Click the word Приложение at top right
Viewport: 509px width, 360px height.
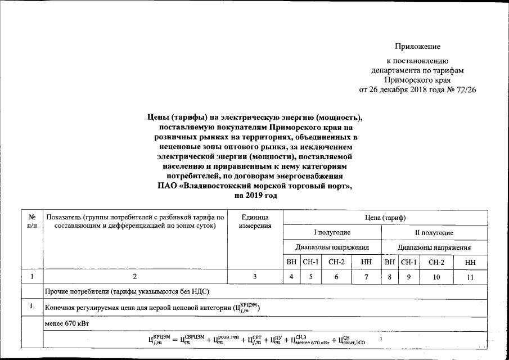click(x=417, y=46)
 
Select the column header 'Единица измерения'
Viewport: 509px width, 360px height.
click(x=255, y=221)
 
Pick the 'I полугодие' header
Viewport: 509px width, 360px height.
click(x=332, y=232)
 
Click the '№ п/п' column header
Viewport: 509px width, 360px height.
click(x=32, y=221)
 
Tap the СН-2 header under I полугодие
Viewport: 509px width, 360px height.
click(x=336, y=262)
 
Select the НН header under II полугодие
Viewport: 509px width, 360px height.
click(x=470, y=262)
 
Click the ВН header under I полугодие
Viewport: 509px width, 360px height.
click(x=291, y=262)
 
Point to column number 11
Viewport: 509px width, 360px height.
click(x=470, y=277)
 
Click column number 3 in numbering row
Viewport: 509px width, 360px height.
click(x=255, y=277)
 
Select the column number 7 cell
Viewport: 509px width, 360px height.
click(x=366, y=277)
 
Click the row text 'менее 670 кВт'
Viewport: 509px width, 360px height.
click(x=67, y=325)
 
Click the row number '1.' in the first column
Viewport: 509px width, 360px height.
click(x=33, y=307)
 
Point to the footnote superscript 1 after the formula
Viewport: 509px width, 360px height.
click(x=381, y=338)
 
